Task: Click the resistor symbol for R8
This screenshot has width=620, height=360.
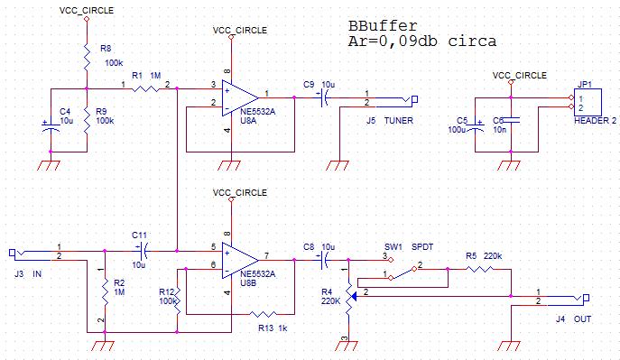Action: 87,56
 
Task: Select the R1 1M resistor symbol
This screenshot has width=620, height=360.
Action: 145,89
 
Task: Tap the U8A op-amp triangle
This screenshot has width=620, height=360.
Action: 240,98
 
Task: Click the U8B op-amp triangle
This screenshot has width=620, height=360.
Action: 240,261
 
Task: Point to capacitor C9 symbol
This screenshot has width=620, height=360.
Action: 323,97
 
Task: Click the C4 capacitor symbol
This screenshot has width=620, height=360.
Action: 51,126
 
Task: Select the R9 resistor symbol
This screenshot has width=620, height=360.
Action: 87,121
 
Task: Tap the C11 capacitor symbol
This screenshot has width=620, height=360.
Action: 143,251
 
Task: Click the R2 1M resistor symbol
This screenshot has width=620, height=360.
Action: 105,291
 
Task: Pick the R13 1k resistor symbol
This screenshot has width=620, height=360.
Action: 264,315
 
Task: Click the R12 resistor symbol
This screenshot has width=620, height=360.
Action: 177,301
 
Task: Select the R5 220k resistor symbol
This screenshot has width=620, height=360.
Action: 479,269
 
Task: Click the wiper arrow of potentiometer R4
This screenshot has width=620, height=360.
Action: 355,296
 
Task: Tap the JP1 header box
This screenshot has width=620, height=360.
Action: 588,102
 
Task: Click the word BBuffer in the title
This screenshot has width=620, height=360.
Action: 383,26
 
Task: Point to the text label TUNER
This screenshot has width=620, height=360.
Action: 399,121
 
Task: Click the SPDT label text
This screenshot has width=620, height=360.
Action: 422,247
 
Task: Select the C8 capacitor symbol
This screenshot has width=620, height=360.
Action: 323,260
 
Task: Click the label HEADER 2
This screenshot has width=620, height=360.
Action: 595,121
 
